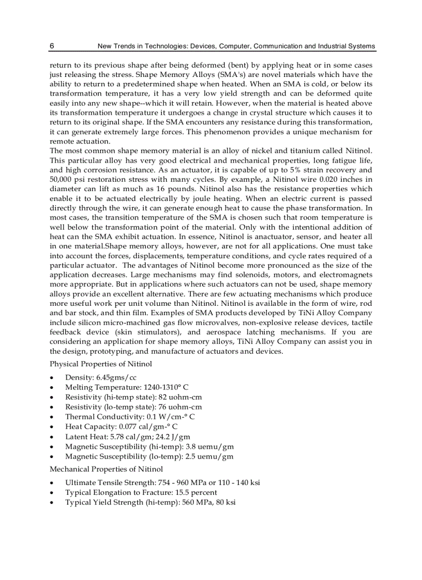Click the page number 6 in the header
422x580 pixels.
pyautogui.click(x=52, y=46)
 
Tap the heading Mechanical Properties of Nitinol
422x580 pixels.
pyautogui.click(x=106, y=469)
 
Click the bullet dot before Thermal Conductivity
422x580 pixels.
pyautogui.click(x=52, y=417)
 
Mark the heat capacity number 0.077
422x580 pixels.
pyautogui.click(x=129, y=427)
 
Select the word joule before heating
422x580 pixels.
pyautogui.click(x=192, y=198)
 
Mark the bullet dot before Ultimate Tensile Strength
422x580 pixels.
pyautogui.click(x=52, y=483)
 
